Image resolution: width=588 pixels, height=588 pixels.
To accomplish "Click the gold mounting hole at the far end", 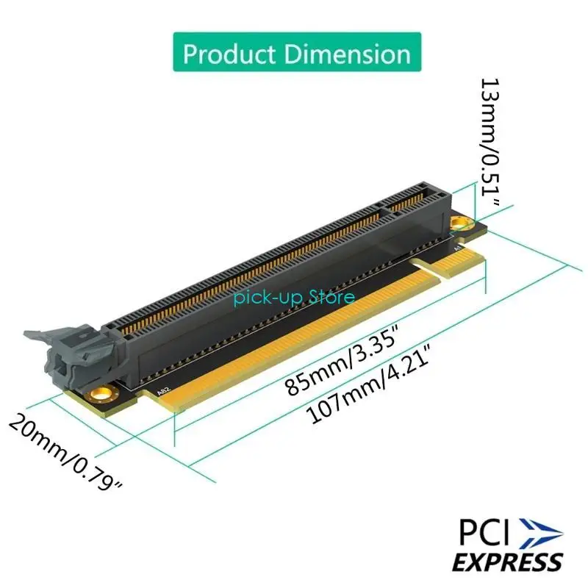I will (x=460, y=222).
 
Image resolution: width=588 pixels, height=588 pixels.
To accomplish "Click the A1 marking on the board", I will (x=457, y=250).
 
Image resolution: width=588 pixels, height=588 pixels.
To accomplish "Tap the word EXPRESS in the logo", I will (x=507, y=562).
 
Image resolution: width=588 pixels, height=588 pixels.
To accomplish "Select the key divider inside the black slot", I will (x=384, y=212).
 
